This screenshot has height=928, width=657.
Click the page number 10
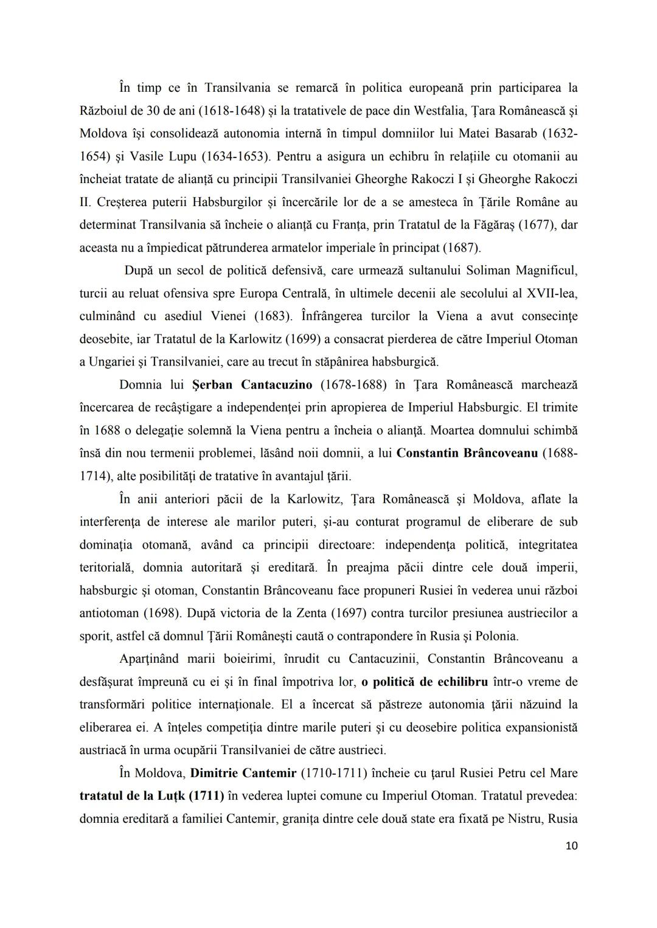tap(571, 846)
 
